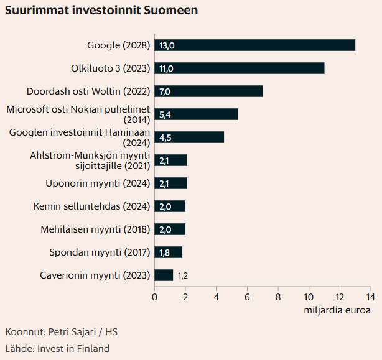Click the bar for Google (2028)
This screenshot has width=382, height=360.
tap(255, 45)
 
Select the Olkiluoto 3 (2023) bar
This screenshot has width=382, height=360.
tap(240, 68)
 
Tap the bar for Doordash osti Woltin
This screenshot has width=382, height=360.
tap(208, 91)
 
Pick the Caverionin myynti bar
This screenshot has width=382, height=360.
tap(164, 275)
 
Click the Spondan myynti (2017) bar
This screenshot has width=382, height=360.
tap(169, 252)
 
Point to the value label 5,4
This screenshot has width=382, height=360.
tap(165, 114)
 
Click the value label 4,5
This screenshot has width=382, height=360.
tap(165, 137)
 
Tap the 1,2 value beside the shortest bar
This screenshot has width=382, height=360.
tap(183, 275)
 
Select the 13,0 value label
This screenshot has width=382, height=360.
tap(167, 45)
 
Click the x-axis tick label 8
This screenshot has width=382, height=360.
tap(278, 297)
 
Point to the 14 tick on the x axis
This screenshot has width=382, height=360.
tap(371, 297)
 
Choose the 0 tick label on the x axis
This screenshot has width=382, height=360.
tap(154, 297)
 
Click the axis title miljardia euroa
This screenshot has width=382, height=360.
tap(337, 310)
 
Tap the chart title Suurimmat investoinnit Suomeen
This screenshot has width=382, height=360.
tap(101, 11)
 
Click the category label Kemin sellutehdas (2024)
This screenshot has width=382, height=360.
tap(91, 206)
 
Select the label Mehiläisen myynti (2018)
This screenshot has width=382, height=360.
tap(95, 229)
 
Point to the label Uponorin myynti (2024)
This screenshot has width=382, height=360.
tap(98, 183)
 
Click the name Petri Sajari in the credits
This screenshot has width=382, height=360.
tap(72, 332)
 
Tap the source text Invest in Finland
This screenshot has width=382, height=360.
tap(73, 349)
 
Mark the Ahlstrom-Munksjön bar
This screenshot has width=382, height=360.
tap(170, 160)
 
